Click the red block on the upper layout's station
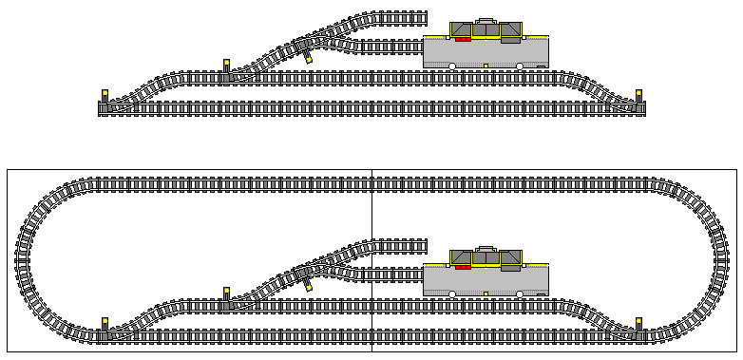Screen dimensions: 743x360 pos(464,40)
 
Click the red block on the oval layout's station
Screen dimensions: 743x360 pos(464,268)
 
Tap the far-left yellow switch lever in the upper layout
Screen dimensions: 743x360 pos(105,95)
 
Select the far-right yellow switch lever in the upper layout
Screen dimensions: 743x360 pos(639,95)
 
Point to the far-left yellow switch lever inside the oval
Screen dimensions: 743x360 pos(105,323)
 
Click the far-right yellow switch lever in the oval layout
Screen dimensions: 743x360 pos(639,323)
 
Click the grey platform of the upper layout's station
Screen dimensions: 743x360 pos(486,53)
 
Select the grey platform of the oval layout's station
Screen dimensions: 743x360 pos(486,281)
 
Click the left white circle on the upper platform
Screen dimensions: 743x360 pos(453,66)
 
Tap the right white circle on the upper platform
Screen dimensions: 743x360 pos(519,66)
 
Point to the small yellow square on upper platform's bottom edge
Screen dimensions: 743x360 pos(486,66)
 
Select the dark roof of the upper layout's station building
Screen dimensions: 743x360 pos(486,28)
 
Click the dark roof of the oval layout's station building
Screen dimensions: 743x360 pos(486,256)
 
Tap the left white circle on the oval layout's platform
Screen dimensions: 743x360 pos(453,294)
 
